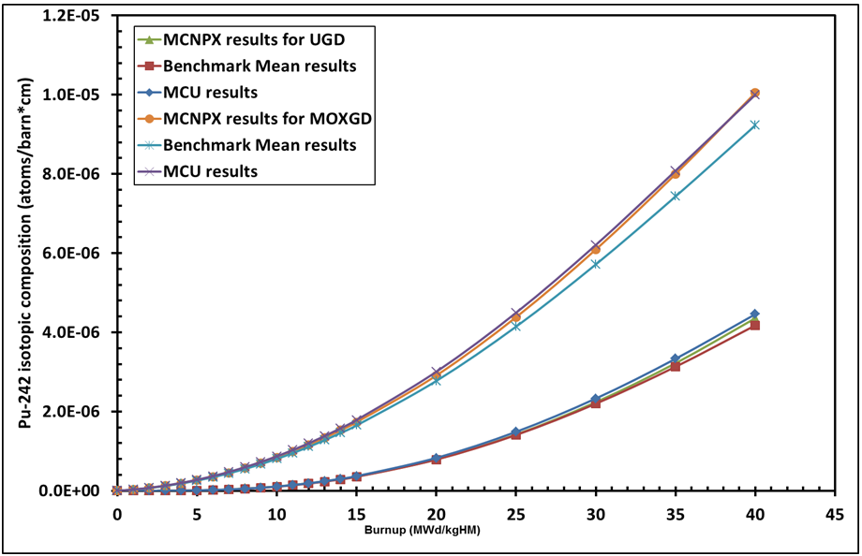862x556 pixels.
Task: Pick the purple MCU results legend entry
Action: click(211, 171)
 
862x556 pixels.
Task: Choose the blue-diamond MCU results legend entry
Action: click(211, 93)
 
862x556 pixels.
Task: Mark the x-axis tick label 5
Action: click(197, 514)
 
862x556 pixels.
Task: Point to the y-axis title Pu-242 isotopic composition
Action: click(28, 253)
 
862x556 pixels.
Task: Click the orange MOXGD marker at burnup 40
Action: click(754, 94)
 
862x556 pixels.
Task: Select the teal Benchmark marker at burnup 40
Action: click(754, 124)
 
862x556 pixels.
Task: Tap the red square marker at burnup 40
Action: click(754, 325)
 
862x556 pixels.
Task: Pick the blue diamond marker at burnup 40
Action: click(754, 314)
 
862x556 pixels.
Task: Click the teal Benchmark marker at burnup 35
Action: click(675, 196)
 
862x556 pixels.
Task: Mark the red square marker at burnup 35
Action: click(675, 366)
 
